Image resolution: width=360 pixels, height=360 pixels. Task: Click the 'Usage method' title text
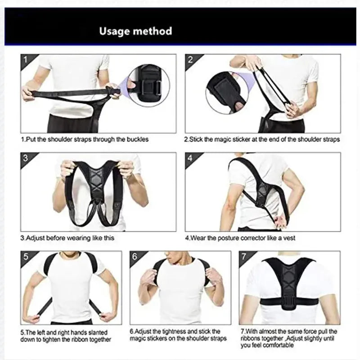click(x=135, y=31)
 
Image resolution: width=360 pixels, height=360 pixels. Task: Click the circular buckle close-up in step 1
click(x=148, y=85)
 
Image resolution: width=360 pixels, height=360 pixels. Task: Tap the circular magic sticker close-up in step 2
click(x=227, y=93)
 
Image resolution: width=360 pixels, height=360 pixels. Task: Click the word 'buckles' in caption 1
click(x=138, y=139)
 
